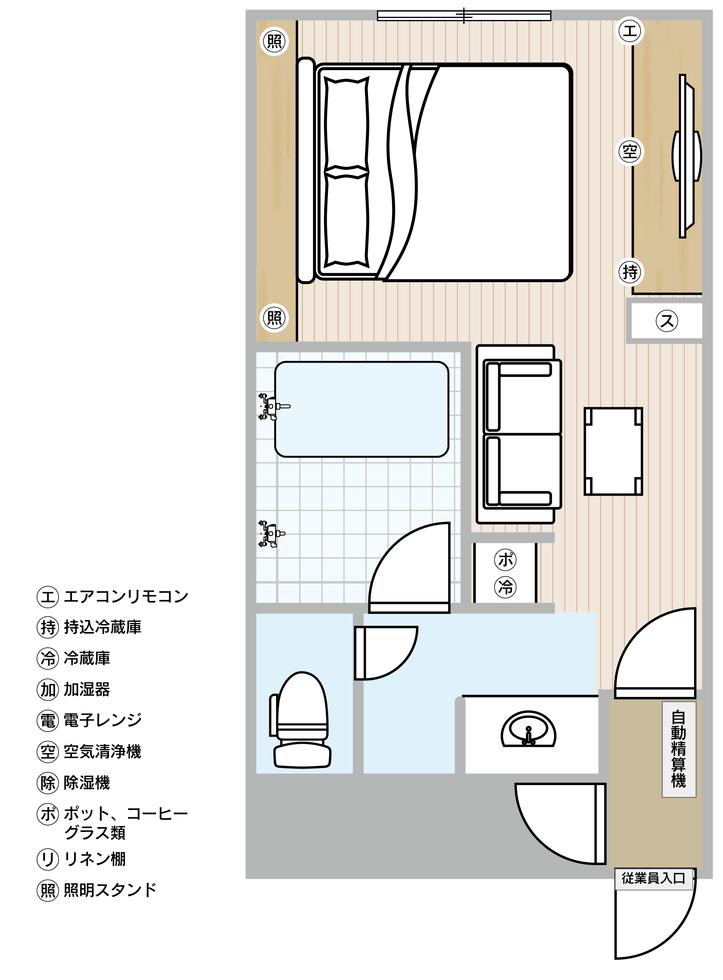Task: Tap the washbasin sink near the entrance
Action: click(x=528, y=730)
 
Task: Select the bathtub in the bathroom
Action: click(x=361, y=409)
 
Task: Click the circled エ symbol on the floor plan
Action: click(x=630, y=31)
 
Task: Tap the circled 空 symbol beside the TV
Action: click(x=630, y=151)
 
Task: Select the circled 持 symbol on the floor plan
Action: click(x=630, y=272)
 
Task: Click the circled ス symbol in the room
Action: click(x=667, y=320)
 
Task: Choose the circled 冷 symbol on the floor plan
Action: click(x=505, y=587)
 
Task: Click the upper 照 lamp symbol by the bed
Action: click(x=274, y=41)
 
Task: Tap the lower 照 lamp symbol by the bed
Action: click(x=274, y=318)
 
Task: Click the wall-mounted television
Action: click(x=686, y=156)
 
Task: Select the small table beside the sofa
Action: click(x=613, y=451)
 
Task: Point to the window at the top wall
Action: click(x=464, y=16)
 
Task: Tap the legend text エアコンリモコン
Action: click(x=126, y=596)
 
